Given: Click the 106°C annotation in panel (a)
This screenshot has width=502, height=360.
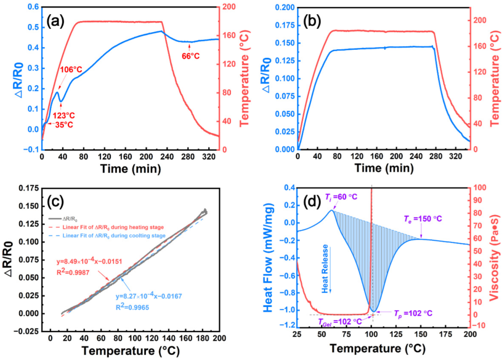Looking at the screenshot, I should pyautogui.click(x=71, y=70).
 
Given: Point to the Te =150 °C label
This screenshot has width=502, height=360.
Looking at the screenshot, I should pyautogui.click(x=426, y=219).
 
